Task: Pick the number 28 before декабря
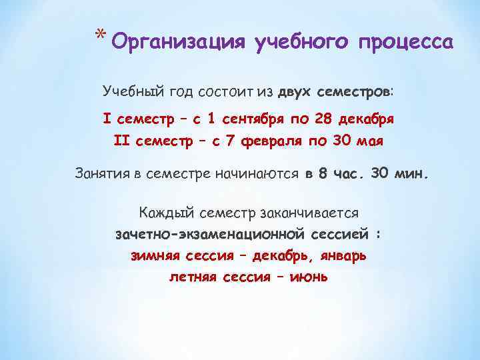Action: click(x=324, y=120)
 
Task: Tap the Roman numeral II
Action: click(x=122, y=141)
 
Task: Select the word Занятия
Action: click(x=100, y=175)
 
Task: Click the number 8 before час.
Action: click(x=323, y=175)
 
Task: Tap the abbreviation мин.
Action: click(x=413, y=175)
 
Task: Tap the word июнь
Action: click(x=309, y=276)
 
